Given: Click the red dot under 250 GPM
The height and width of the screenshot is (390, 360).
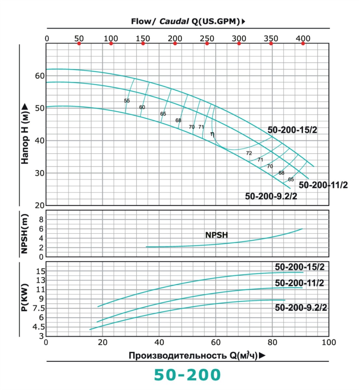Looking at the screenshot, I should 207,44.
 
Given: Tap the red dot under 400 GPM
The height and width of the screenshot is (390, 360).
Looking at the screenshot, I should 303,44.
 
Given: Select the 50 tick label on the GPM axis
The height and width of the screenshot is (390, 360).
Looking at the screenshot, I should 79,38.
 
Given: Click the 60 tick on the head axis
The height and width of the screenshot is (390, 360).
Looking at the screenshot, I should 40,76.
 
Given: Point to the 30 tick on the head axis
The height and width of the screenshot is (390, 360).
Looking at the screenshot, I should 40,173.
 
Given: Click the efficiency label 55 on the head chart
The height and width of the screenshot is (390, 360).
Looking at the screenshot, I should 127,101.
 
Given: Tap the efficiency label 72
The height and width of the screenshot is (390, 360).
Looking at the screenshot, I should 249,153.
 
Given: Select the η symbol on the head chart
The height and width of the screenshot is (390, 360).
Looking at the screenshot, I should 212,134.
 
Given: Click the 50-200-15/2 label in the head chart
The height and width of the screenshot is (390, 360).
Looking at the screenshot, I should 292,130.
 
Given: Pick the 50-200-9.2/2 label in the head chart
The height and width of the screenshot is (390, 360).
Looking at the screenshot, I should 271,196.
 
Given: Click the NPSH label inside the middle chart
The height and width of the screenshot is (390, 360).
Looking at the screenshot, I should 216,235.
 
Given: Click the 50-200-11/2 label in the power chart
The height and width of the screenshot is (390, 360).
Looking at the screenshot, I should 299,283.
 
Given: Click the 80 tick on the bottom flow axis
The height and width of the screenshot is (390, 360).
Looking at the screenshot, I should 272,342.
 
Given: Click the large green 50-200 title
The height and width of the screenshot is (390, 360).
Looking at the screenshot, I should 187,375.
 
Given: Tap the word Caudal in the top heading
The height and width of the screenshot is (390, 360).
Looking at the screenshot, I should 174,21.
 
